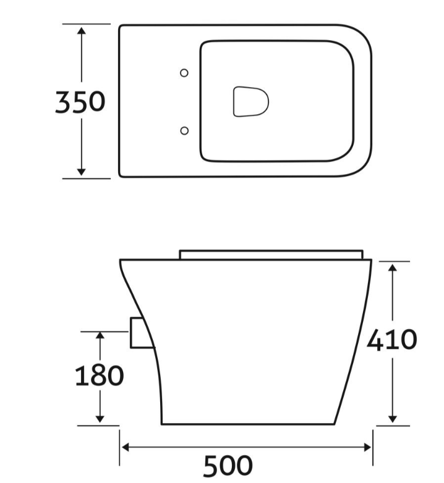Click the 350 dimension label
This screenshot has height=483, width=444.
click(80, 102)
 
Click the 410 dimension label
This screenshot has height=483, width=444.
click(392, 340)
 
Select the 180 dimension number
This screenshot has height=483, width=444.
click(99, 376)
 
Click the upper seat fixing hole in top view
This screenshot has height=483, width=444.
click(184, 73)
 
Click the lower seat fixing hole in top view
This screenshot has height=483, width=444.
click(184, 130)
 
